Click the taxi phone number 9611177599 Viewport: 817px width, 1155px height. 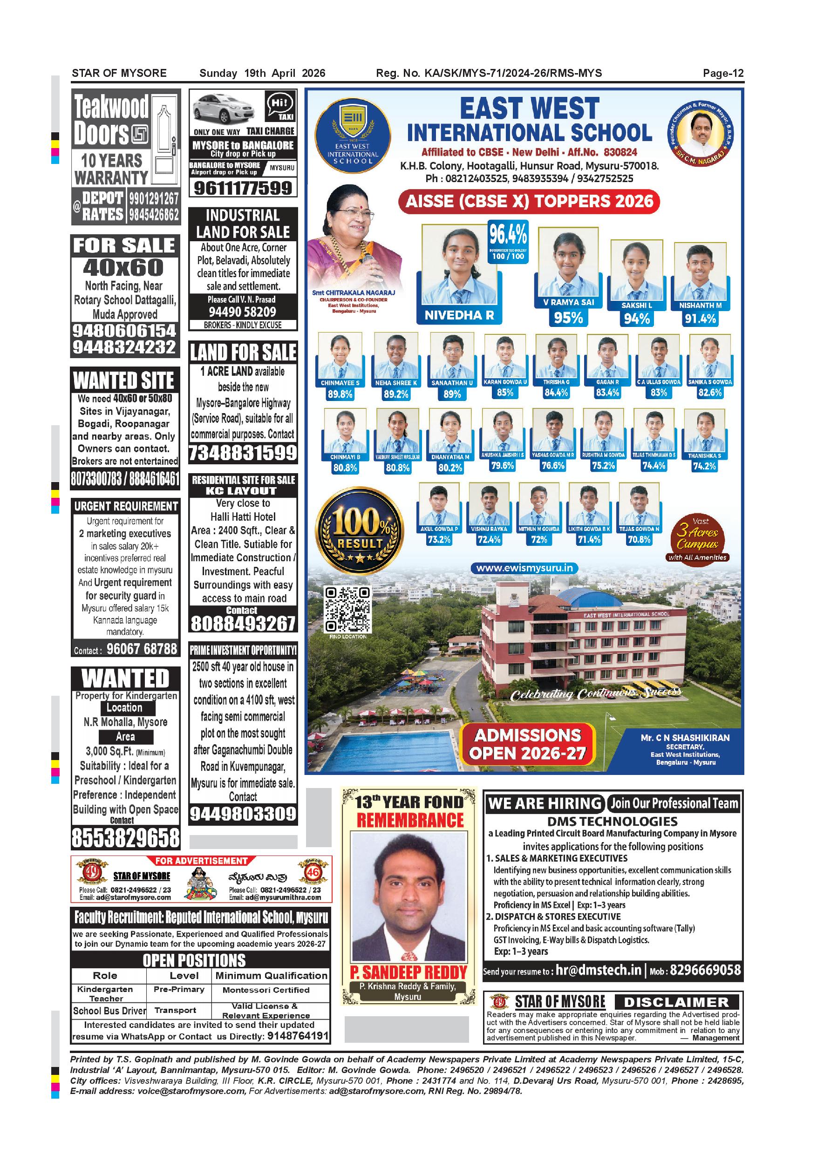click(x=243, y=188)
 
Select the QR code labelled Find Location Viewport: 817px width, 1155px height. click(x=347, y=610)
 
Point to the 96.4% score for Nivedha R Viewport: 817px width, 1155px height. click(x=508, y=235)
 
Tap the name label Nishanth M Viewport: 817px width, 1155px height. click(x=700, y=306)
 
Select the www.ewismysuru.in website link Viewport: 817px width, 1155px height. click(x=524, y=568)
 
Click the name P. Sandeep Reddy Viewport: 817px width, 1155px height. click(x=408, y=972)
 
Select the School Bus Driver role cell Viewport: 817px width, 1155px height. click(x=109, y=1011)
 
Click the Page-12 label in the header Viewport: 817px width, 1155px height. click(x=723, y=74)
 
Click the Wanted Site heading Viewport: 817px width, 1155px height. click(x=124, y=380)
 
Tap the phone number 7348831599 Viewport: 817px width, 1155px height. click(x=243, y=453)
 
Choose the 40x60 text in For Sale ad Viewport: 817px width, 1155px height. click(x=124, y=268)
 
